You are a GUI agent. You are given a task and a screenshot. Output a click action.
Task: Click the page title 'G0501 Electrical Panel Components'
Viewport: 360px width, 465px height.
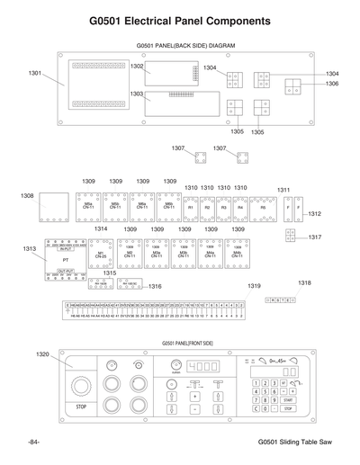click(x=179, y=20)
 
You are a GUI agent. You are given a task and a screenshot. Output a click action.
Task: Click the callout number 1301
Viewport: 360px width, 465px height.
click(x=36, y=73)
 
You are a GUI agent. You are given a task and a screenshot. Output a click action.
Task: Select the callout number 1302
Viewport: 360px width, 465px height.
click(x=137, y=67)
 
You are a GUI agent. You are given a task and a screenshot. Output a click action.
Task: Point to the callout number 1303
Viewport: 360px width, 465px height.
click(x=137, y=94)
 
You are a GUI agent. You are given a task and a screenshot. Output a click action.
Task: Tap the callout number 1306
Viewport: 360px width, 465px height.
click(x=332, y=84)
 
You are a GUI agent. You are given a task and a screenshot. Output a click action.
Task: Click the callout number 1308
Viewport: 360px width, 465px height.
click(x=28, y=195)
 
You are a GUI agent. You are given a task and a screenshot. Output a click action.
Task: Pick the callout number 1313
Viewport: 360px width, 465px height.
click(x=30, y=248)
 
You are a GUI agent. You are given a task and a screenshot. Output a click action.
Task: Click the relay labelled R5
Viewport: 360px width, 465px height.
click(x=264, y=208)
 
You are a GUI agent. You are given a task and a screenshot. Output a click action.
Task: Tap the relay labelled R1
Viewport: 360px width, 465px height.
click(x=191, y=208)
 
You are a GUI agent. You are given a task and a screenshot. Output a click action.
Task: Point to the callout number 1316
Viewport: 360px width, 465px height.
click(x=155, y=287)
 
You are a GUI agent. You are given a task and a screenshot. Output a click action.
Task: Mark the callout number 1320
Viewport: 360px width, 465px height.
click(x=42, y=354)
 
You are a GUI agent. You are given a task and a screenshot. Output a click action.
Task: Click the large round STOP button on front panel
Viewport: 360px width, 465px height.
click(x=82, y=388)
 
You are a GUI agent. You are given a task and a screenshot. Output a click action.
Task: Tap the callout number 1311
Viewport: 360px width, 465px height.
click(x=283, y=190)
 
